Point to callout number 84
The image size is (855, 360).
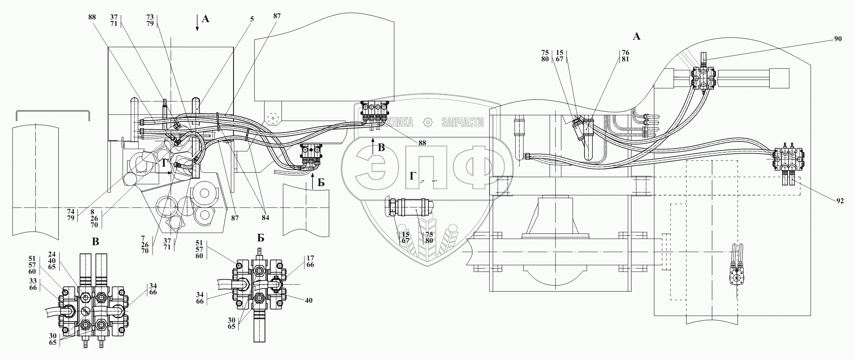(x=265, y=218)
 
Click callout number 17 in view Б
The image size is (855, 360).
(x=310, y=258)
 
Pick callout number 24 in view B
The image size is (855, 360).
(x=52, y=254)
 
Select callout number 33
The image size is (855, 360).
(x=33, y=281)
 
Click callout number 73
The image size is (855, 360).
(x=150, y=17)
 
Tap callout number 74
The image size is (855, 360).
(x=71, y=211)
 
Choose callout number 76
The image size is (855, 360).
(x=625, y=53)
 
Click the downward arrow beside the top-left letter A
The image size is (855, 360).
(x=197, y=22)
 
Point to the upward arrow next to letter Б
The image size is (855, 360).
(x=312, y=181)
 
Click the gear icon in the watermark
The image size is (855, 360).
(x=428, y=122)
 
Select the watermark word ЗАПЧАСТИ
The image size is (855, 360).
(x=462, y=122)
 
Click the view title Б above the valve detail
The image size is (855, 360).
(x=261, y=238)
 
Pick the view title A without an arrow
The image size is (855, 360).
(x=636, y=37)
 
